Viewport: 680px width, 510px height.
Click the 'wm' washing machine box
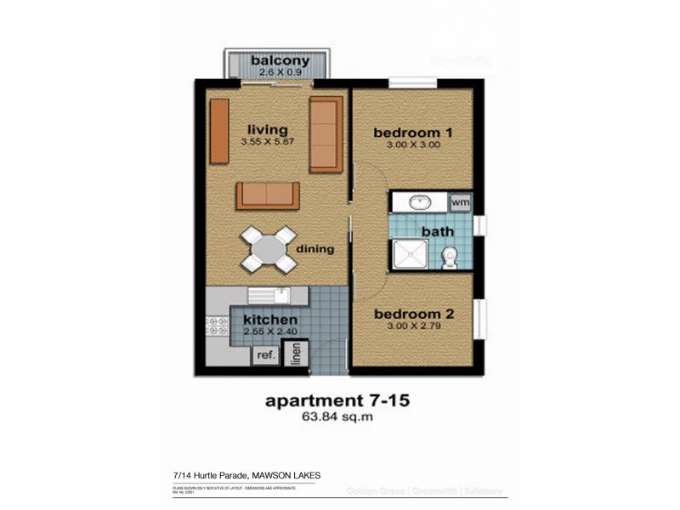(460, 202)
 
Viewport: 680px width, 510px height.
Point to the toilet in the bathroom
(450, 255)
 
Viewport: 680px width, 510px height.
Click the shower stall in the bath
(409, 255)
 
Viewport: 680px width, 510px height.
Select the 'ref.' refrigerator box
(264, 356)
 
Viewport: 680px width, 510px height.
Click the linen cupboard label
(296, 354)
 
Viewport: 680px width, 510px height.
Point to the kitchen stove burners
(213, 327)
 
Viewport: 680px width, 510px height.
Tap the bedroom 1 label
(412, 133)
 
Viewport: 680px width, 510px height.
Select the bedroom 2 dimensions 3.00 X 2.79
(414, 326)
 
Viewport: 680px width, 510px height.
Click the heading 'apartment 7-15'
(339, 399)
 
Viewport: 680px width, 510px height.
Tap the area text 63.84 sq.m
(339, 417)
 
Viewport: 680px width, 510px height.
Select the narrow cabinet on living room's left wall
(219, 131)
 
